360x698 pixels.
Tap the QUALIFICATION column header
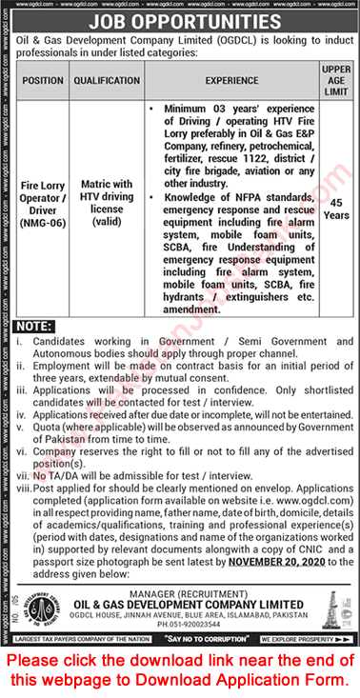click(x=106, y=80)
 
